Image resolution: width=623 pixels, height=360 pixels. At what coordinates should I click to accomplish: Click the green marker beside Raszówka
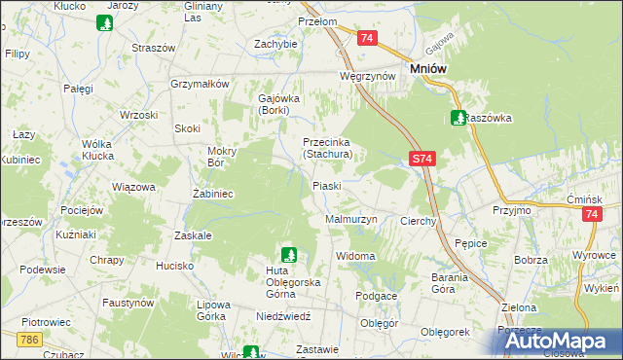(458, 118)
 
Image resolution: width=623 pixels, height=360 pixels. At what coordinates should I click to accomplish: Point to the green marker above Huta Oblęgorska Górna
(288, 254)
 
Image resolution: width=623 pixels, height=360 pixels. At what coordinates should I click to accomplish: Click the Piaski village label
(326, 185)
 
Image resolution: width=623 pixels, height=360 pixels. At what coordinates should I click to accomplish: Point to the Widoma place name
(355, 256)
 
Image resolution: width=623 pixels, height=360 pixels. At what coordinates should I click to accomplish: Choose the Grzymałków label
(200, 84)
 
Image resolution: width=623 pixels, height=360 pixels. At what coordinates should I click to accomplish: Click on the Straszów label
(153, 47)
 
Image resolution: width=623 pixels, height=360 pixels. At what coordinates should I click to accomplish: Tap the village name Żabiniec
(211, 194)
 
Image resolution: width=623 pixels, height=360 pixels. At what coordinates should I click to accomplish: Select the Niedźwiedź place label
(283, 315)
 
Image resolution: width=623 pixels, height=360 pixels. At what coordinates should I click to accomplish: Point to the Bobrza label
(531, 261)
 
